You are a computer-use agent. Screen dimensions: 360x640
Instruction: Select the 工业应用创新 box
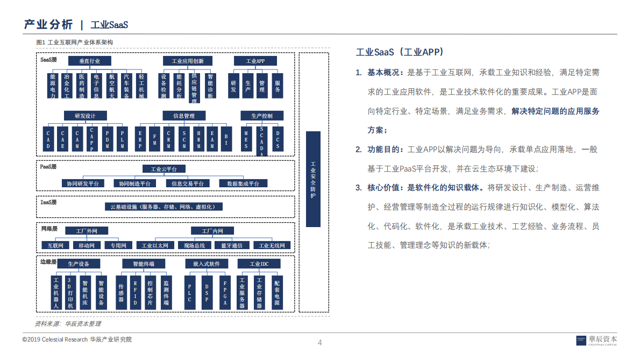pyautogui.click(x=188, y=61)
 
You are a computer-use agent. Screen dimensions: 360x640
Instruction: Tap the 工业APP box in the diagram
pyautogui.click(x=255, y=61)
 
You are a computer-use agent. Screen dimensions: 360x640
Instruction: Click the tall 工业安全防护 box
pyautogui.click(x=313, y=179)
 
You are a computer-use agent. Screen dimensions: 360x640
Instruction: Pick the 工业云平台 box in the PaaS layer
pyautogui.click(x=164, y=169)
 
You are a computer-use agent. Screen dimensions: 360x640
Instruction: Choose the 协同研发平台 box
pyautogui.click(x=83, y=183)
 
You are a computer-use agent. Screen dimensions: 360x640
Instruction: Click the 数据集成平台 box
pyautogui.click(x=243, y=183)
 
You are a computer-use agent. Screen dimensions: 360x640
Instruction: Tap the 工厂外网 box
pyautogui.click(x=87, y=231)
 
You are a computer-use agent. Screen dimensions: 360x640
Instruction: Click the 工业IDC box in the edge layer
pyautogui.click(x=259, y=264)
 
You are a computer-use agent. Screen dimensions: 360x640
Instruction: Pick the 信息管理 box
pyautogui.click(x=184, y=116)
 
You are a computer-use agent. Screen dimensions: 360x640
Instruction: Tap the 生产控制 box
pyautogui.click(x=261, y=116)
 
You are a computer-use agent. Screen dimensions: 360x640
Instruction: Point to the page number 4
pyautogui.click(x=320, y=343)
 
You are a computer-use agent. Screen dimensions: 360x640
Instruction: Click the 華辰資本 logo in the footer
pyautogui.click(x=596, y=340)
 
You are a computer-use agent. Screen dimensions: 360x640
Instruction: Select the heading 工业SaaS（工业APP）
pyautogui.click(x=400, y=52)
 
